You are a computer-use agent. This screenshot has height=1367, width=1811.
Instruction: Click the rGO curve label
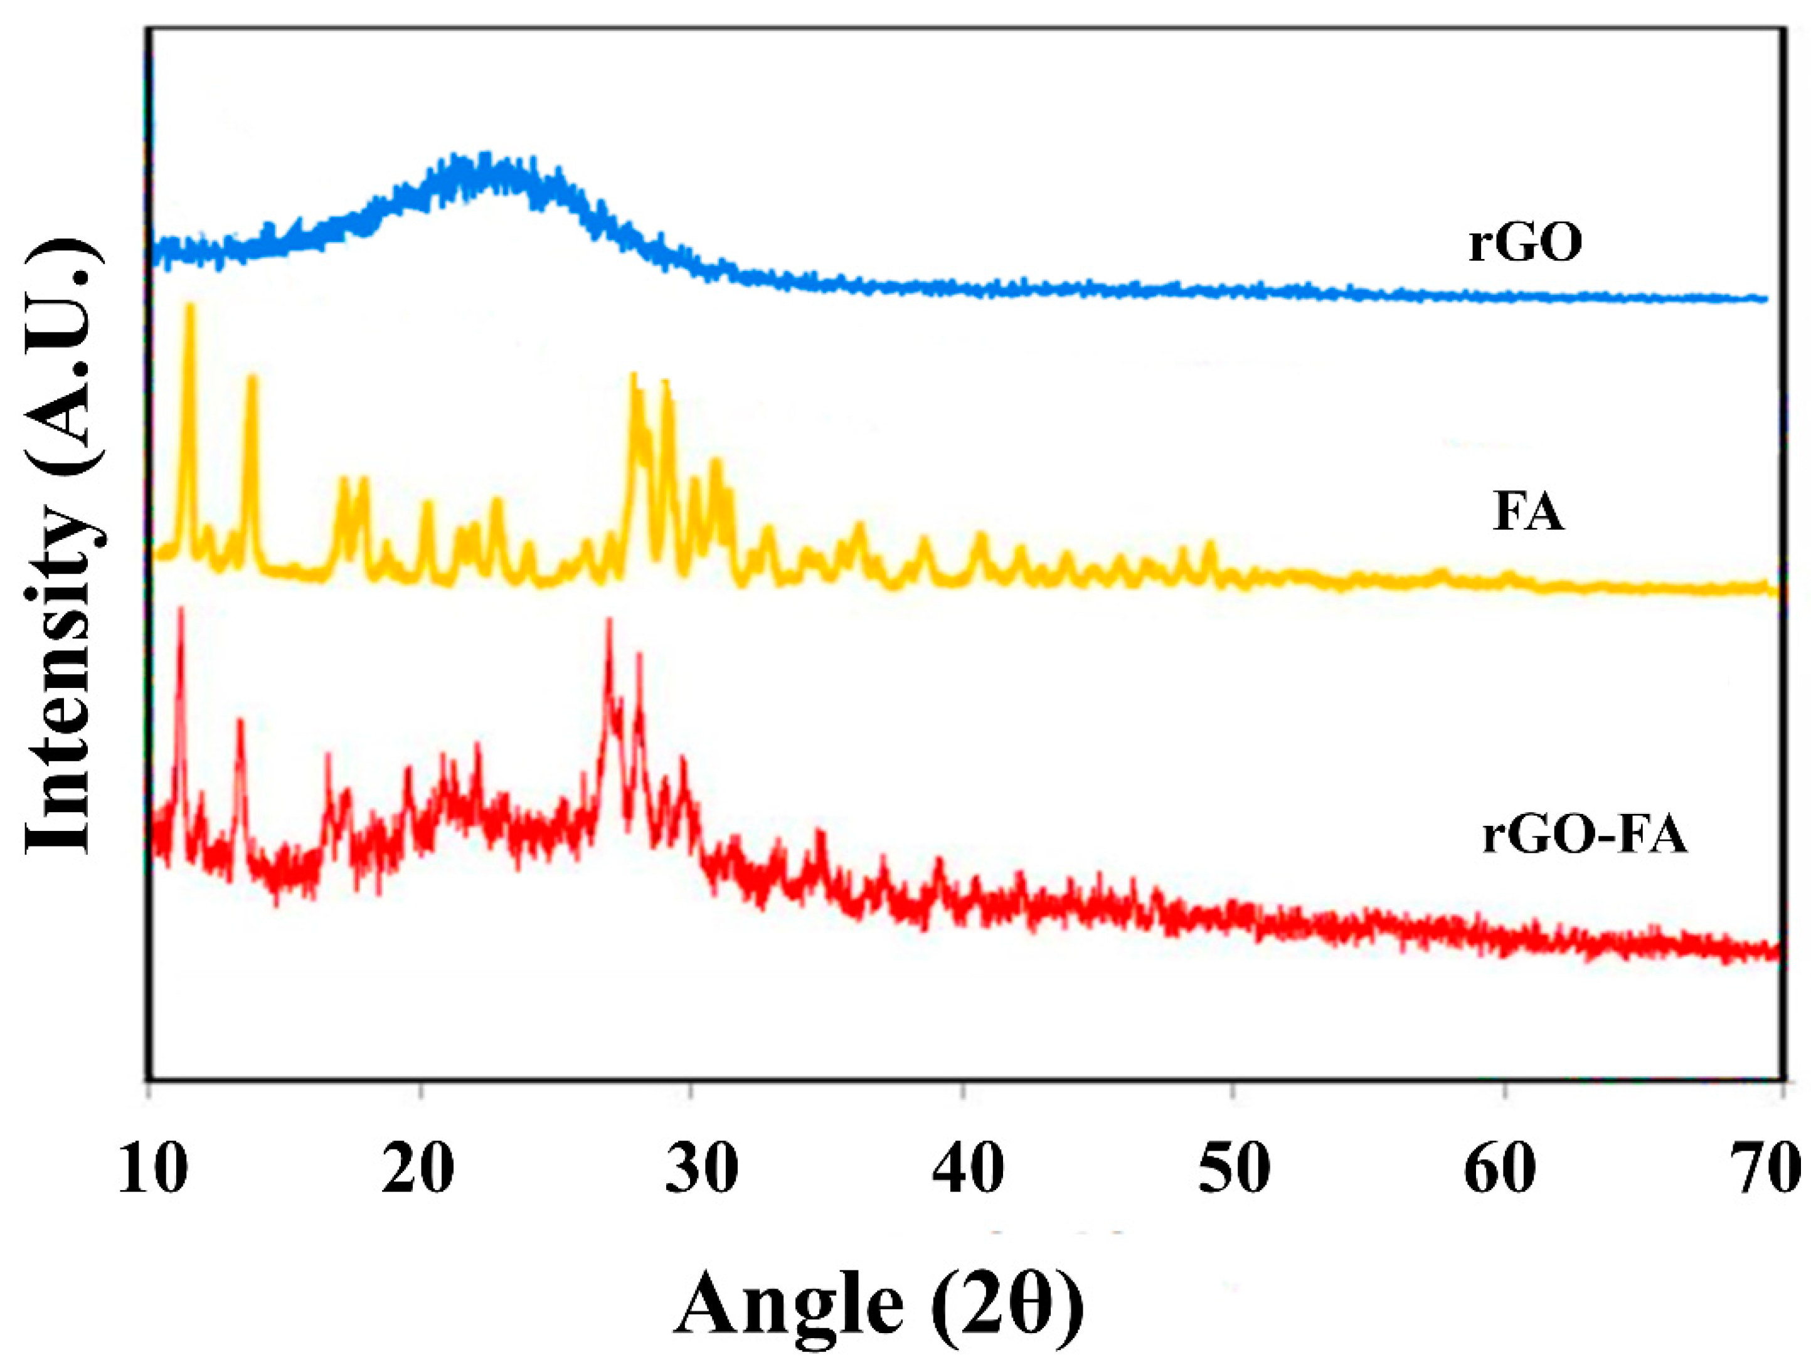click(1524, 243)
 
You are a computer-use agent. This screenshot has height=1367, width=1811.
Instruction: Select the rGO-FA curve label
click(1584, 837)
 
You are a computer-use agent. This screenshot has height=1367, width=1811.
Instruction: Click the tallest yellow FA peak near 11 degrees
click(191, 307)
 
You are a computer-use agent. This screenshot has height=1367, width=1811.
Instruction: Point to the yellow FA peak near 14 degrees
click(252, 378)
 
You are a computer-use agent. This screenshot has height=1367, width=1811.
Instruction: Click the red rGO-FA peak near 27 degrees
click(608, 622)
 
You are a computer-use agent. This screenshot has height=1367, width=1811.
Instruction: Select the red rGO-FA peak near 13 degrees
click(240, 722)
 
